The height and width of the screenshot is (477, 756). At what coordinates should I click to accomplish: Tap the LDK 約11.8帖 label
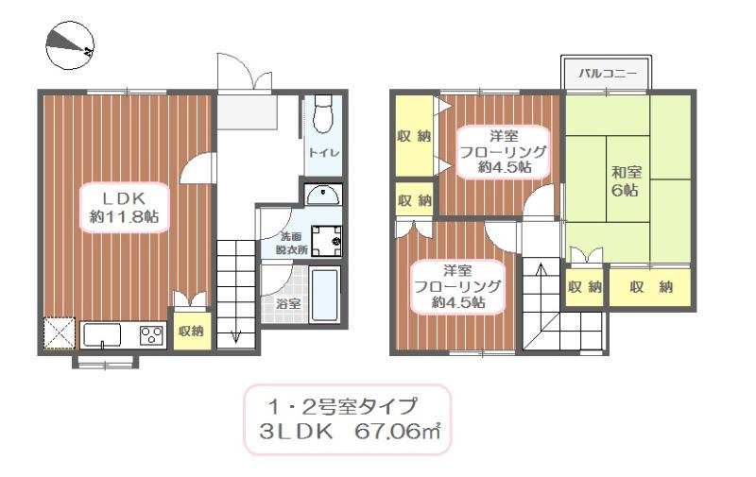[123, 207]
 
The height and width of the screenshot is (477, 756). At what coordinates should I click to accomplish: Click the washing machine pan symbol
[327, 241]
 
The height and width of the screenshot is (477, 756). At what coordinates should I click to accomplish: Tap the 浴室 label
[288, 304]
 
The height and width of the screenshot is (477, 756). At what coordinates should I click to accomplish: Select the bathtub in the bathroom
[324, 296]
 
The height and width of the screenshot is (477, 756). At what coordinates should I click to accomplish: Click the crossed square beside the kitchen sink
[59, 334]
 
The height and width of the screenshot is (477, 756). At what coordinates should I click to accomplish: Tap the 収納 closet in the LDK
[192, 330]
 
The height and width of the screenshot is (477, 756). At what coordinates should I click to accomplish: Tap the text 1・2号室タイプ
[343, 407]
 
